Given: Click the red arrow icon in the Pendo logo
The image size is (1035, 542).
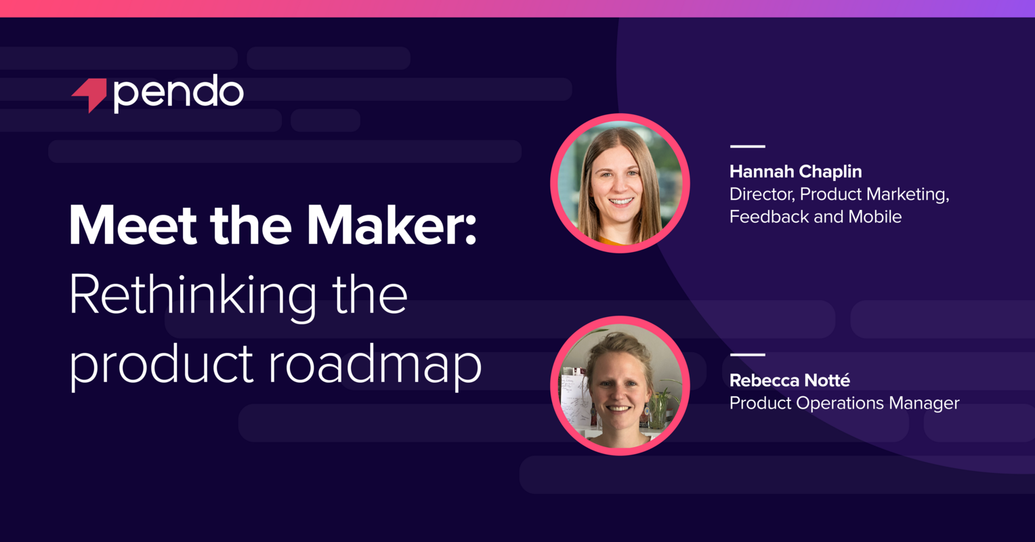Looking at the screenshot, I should coord(90,94).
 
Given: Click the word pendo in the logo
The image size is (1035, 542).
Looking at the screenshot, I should coord(179,93).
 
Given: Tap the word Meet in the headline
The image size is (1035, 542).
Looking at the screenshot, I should coord(129,226).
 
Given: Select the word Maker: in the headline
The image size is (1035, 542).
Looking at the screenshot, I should coord(392,226).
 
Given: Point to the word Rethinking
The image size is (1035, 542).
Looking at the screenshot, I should coord(192,295).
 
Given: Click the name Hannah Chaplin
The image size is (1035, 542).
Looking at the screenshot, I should coord(795,171).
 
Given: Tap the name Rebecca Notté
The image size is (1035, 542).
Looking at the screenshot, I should coord(789,381).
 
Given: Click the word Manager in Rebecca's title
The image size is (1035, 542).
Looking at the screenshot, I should coord(924,403).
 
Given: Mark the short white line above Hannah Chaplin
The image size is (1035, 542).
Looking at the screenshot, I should coord(747,146).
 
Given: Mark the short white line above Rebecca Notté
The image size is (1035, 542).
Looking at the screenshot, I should coord(747,354).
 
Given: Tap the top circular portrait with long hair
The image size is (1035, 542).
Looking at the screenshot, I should coord(620,183).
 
